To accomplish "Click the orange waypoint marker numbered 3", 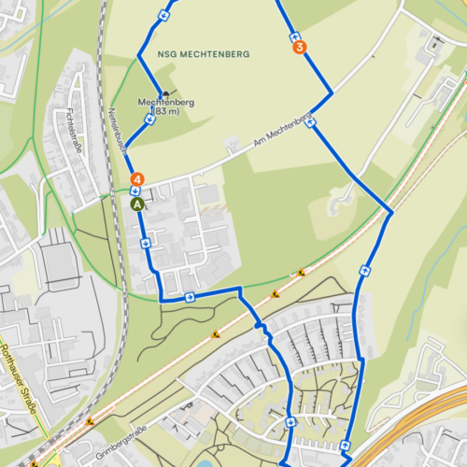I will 298,47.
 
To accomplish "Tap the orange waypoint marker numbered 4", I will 136,177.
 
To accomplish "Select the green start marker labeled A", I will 136,202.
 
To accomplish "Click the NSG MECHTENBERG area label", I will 204,55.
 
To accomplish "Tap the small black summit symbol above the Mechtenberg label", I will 165,92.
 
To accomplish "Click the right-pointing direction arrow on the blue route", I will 190,298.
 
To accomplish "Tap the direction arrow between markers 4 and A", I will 136,191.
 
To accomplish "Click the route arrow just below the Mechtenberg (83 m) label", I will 149,120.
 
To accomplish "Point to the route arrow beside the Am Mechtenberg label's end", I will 309,120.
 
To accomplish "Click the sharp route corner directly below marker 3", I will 331,93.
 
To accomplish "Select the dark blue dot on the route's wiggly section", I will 259,326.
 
